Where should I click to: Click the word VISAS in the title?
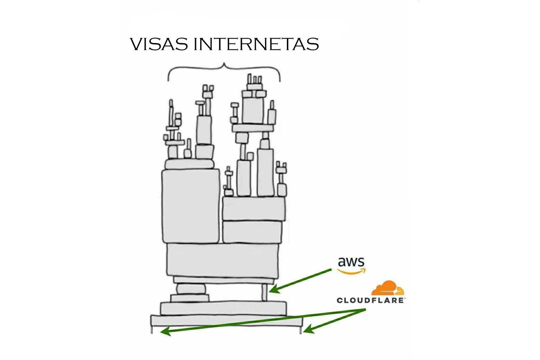pyautogui.click(x=159, y=44)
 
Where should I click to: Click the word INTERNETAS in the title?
pyautogui.click(x=256, y=44)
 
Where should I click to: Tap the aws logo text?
pyautogui.click(x=351, y=261)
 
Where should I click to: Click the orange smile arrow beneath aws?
pyautogui.click(x=351, y=271)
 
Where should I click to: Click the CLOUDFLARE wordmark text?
pyautogui.click(x=370, y=300)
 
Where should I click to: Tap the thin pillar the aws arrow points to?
pyautogui.click(x=265, y=292)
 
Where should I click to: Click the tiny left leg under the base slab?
pyautogui.click(x=152, y=330)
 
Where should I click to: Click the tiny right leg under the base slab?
pyautogui.click(x=300, y=330)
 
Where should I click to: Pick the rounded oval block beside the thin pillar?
pyautogui.click(x=191, y=289)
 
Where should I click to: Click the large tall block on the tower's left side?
pyautogui.click(x=190, y=206)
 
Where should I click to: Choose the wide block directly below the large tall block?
pyautogui.click(x=223, y=261)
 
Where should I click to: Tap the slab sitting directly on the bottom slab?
pyautogui.click(x=223, y=308)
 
